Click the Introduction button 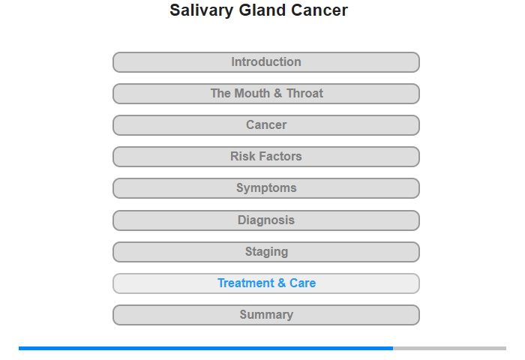[x=266, y=62]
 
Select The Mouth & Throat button [x=266, y=94]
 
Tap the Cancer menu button [x=266, y=125]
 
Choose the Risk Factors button [x=266, y=157]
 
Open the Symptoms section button [x=266, y=188]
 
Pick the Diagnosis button [x=266, y=220]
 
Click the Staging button [x=266, y=252]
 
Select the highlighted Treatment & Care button [x=266, y=283]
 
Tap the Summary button [x=266, y=315]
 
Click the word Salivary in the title [x=201, y=10]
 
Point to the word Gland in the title [x=262, y=10]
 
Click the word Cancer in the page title [x=319, y=10]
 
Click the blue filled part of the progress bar [x=206, y=348]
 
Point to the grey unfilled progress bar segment [x=450, y=348]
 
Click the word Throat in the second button [x=304, y=94]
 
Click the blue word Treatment [x=246, y=283]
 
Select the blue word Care [x=303, y=283]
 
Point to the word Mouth [x=253, y=94]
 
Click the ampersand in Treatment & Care [x=282, y=283]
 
